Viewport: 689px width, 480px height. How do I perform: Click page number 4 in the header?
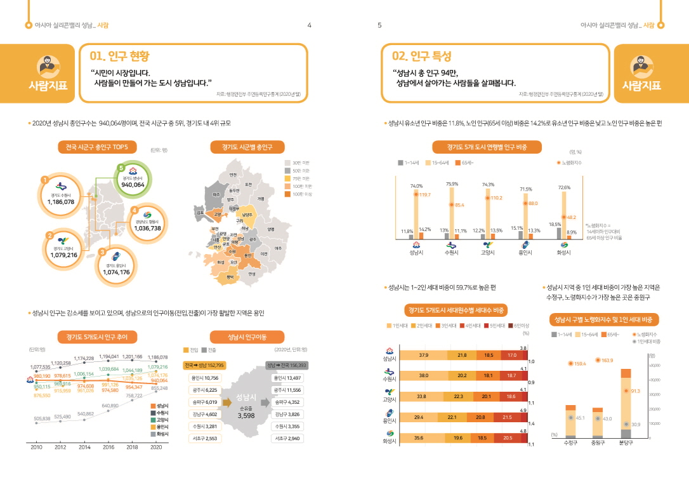[x=309, y=25]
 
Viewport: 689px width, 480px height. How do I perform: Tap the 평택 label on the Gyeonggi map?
[x=230, y=277]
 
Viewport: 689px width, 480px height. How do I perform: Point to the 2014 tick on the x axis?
[x=84, y=447]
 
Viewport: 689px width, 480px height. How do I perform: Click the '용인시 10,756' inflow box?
[x=203, y=378]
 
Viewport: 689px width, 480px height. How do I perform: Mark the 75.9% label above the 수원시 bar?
[x=452, y=184]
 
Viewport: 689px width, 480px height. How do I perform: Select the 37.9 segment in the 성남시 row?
[x=424, y=356]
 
